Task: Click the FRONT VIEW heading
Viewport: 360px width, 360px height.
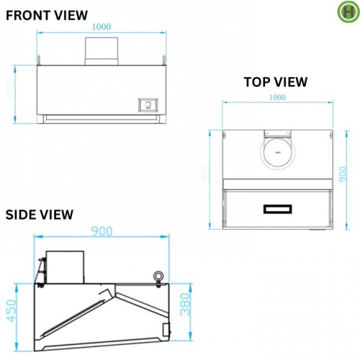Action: (x=47, y=14)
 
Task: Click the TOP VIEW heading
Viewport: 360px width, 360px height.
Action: (x=275, y=82)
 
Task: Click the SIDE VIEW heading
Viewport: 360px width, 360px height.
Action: (x=39, y=214)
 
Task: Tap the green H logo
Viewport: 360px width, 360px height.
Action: (x=348, y=12)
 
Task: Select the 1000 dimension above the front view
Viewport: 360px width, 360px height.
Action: (x=102, y=26)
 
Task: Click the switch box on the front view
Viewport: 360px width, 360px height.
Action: (x=148, y=104)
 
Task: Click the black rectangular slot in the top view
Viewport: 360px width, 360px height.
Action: (x=277, y=210)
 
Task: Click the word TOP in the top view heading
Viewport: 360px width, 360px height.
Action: (x=256, y=82)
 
